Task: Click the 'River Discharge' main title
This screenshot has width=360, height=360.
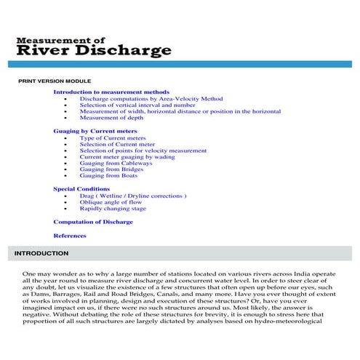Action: point(94,50)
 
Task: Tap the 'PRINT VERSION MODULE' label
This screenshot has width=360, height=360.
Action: point(55,81)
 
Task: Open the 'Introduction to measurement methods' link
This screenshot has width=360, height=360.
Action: point(111,92)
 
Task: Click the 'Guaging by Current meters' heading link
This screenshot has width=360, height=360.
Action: point(95,131)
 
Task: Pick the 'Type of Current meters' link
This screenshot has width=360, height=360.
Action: point(113,137)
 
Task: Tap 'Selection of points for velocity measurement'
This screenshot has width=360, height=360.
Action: point(143,151)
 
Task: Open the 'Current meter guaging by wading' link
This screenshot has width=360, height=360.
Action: point(127,156)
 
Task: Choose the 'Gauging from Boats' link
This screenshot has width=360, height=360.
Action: point(108,175)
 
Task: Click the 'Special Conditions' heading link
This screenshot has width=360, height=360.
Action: point(81,189)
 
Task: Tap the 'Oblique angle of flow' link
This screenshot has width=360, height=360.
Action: point(108,202)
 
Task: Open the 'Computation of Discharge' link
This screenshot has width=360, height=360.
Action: point(93,221)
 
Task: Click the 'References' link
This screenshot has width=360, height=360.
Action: point(70,236)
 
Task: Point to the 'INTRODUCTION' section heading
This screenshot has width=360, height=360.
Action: point(41,254)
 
